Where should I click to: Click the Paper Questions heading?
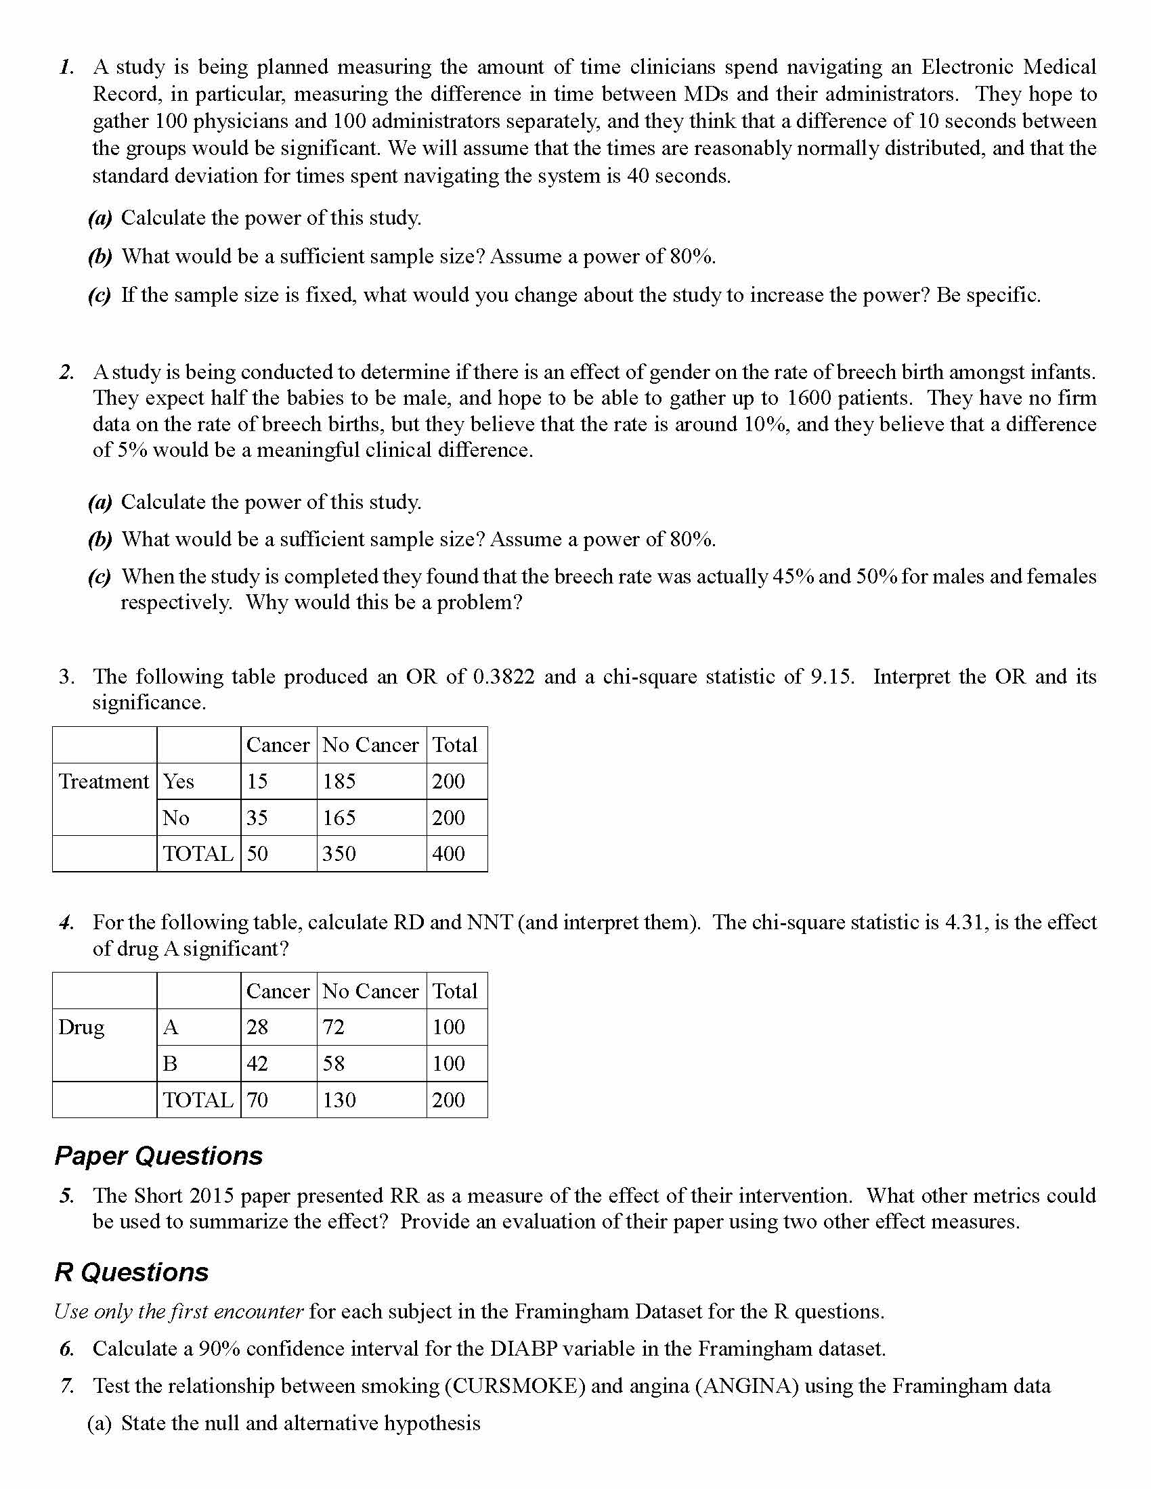click(x=158, y=1156)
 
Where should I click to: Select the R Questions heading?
click(x=131, y=1273)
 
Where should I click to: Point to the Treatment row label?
click(x=104, y=781)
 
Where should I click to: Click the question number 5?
click(x=66, y=1196)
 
